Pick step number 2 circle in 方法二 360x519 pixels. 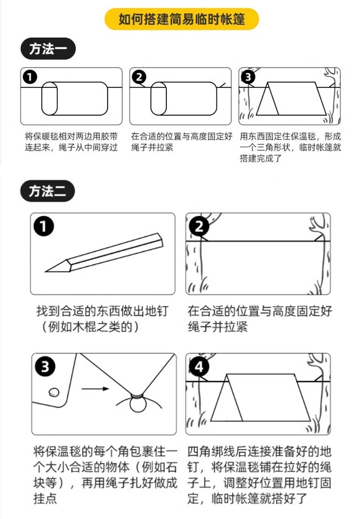(199, 226)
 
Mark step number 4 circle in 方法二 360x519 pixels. (200, 367)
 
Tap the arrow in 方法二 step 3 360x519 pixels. (95, 389)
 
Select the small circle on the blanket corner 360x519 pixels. (54, 391)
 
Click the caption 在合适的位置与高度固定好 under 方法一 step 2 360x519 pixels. (181, 136)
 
